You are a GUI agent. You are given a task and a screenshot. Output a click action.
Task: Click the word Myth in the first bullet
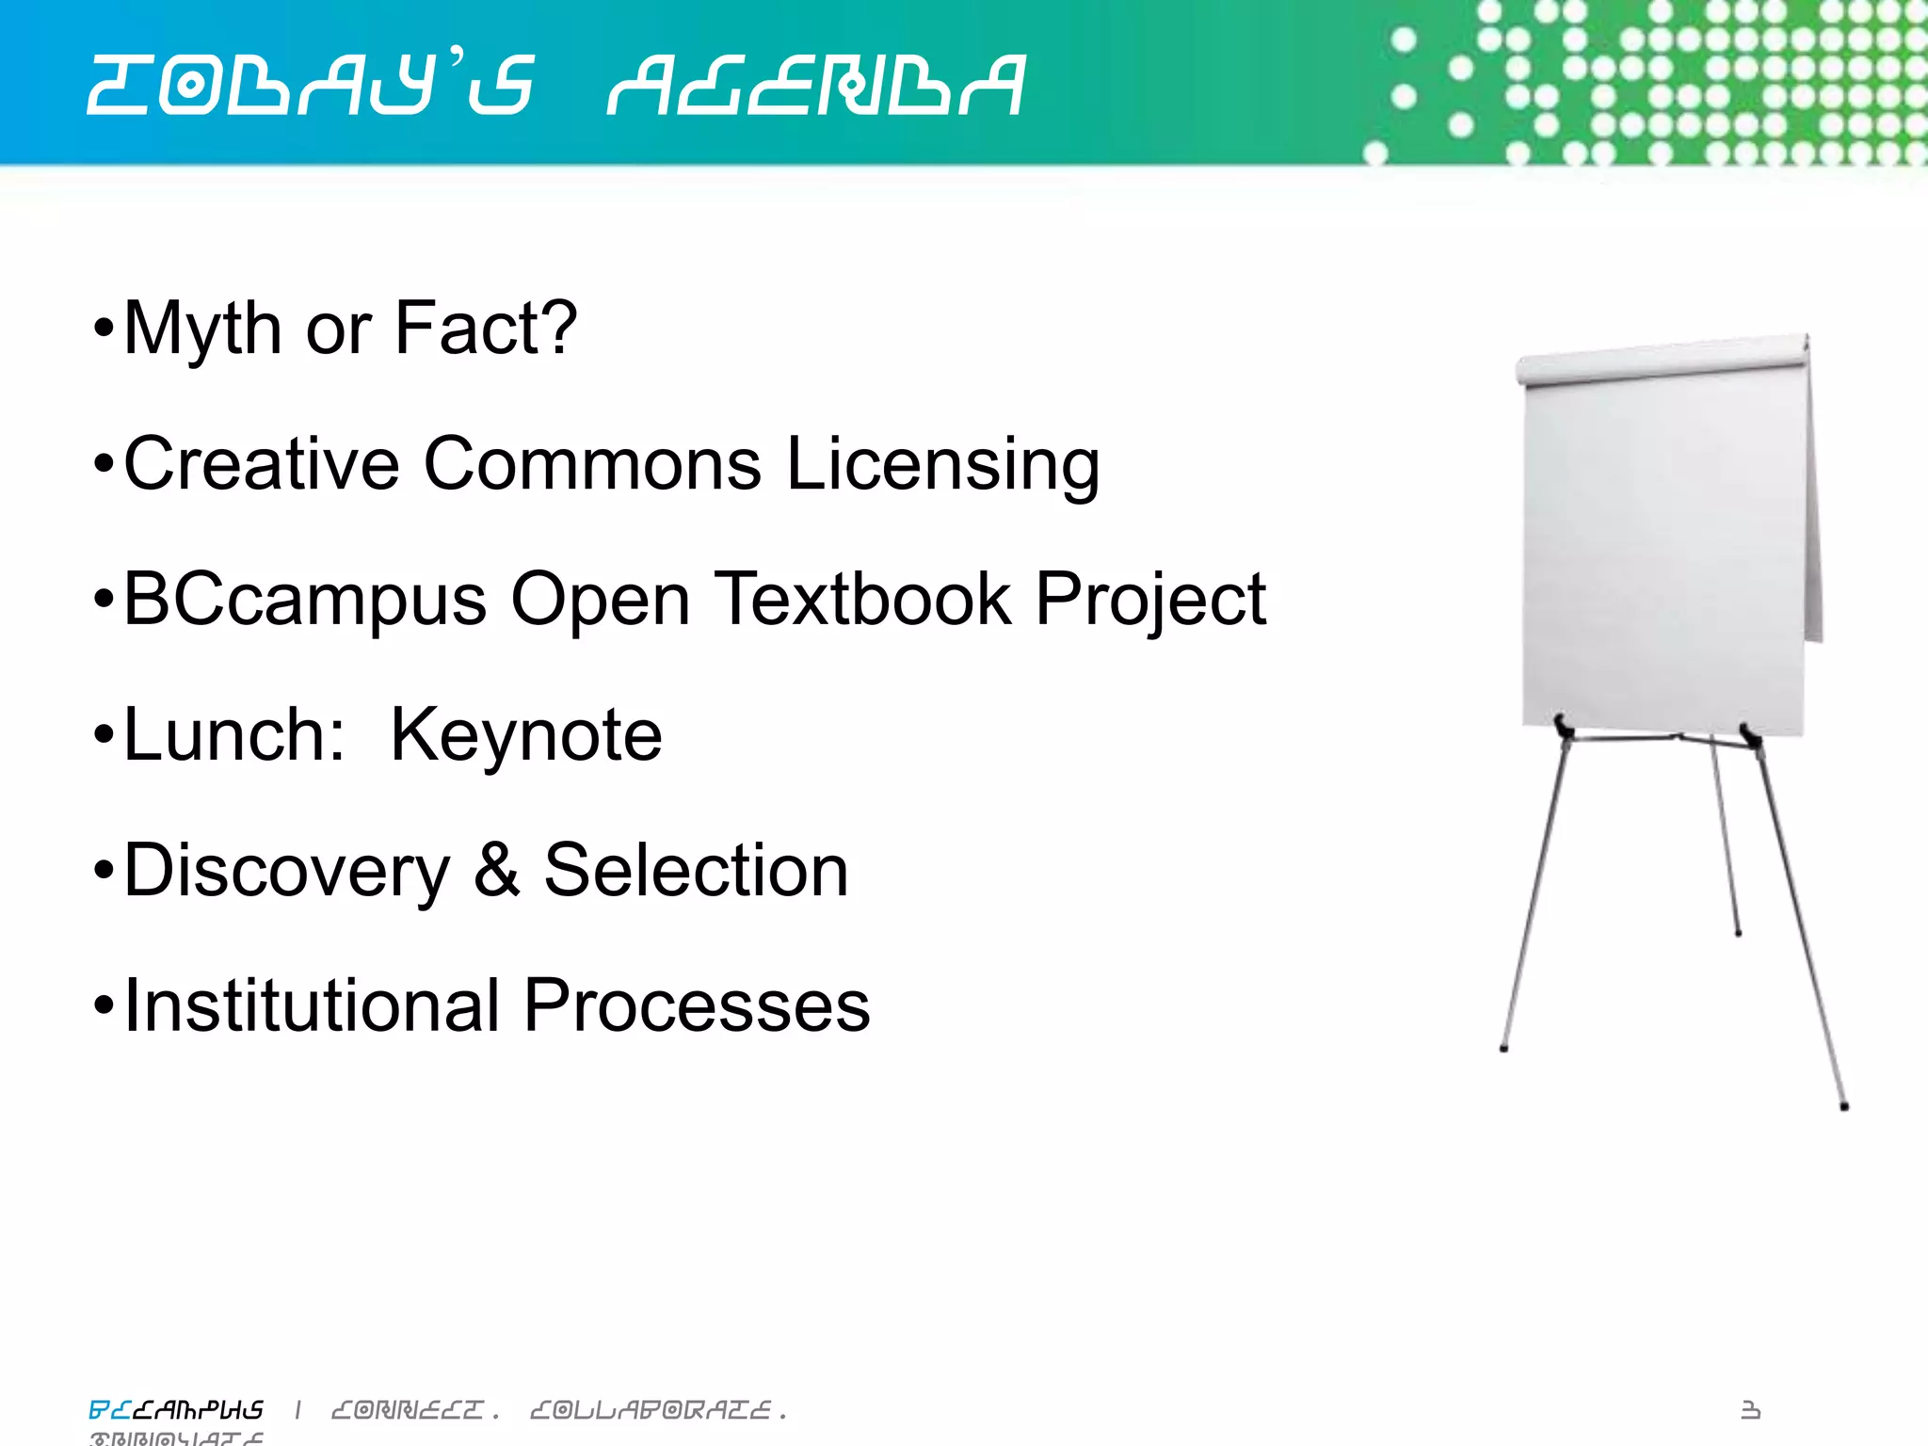201,329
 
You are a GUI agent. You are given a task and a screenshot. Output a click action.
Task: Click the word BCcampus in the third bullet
305,601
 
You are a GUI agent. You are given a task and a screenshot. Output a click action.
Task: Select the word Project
1150,601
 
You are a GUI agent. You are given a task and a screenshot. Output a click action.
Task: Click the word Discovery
287,872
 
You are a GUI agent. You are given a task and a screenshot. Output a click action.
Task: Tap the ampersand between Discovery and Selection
496,870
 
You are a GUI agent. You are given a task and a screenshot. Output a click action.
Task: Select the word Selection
696,870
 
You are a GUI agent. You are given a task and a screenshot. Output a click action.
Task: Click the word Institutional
312,1005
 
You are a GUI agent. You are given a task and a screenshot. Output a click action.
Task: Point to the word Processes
697,1005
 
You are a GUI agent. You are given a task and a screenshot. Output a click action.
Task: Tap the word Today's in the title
312,86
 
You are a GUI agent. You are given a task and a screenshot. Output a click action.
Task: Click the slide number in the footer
1750,1409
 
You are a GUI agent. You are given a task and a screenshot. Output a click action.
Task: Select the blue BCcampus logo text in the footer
176,1409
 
